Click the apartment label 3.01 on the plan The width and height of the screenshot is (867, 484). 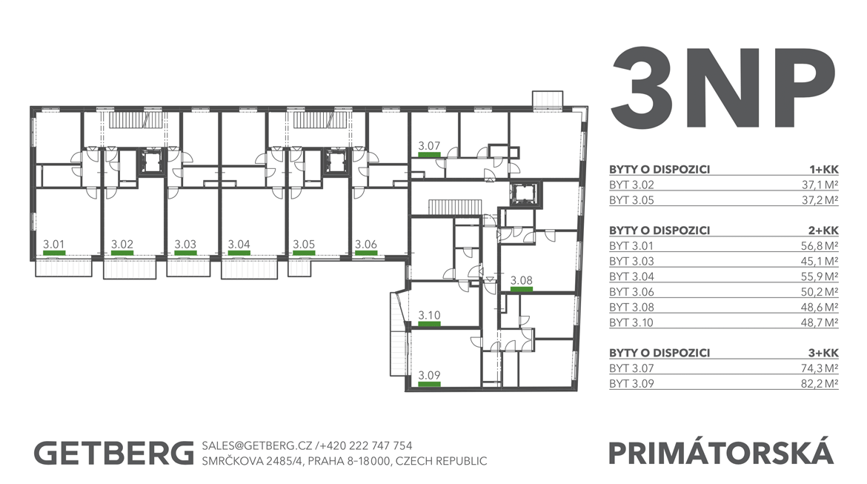coord(53,244)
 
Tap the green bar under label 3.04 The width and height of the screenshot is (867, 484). coord(239,253)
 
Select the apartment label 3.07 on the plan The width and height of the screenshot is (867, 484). coord(429,146)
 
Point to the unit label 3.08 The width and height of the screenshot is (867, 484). coord(522,280)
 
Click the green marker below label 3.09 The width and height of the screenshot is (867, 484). coord(429,384)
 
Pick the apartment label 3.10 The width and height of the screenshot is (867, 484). coord(429,315)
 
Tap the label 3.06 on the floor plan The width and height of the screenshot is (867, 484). coord(365,244)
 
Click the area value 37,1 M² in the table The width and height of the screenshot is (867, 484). coord(820,185)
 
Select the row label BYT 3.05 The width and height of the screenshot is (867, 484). coord(631,200)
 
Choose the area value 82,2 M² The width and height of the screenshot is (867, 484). coord(820,383)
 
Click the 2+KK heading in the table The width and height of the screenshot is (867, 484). coord(823,231)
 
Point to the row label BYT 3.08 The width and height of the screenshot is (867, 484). coord(631,307)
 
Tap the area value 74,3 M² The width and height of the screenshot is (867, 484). coord(820,368)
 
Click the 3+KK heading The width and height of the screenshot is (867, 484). coord(823,353)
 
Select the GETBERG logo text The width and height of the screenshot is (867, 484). coord(114,453)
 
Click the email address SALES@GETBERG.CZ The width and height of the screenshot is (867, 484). coord(257,446)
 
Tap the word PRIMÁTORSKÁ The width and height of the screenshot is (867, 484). coord(721,452)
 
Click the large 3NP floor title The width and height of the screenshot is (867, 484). coord(722,88)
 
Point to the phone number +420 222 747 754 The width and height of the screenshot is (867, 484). coord(365,446)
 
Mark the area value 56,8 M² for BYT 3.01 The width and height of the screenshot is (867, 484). coord(820,245)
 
